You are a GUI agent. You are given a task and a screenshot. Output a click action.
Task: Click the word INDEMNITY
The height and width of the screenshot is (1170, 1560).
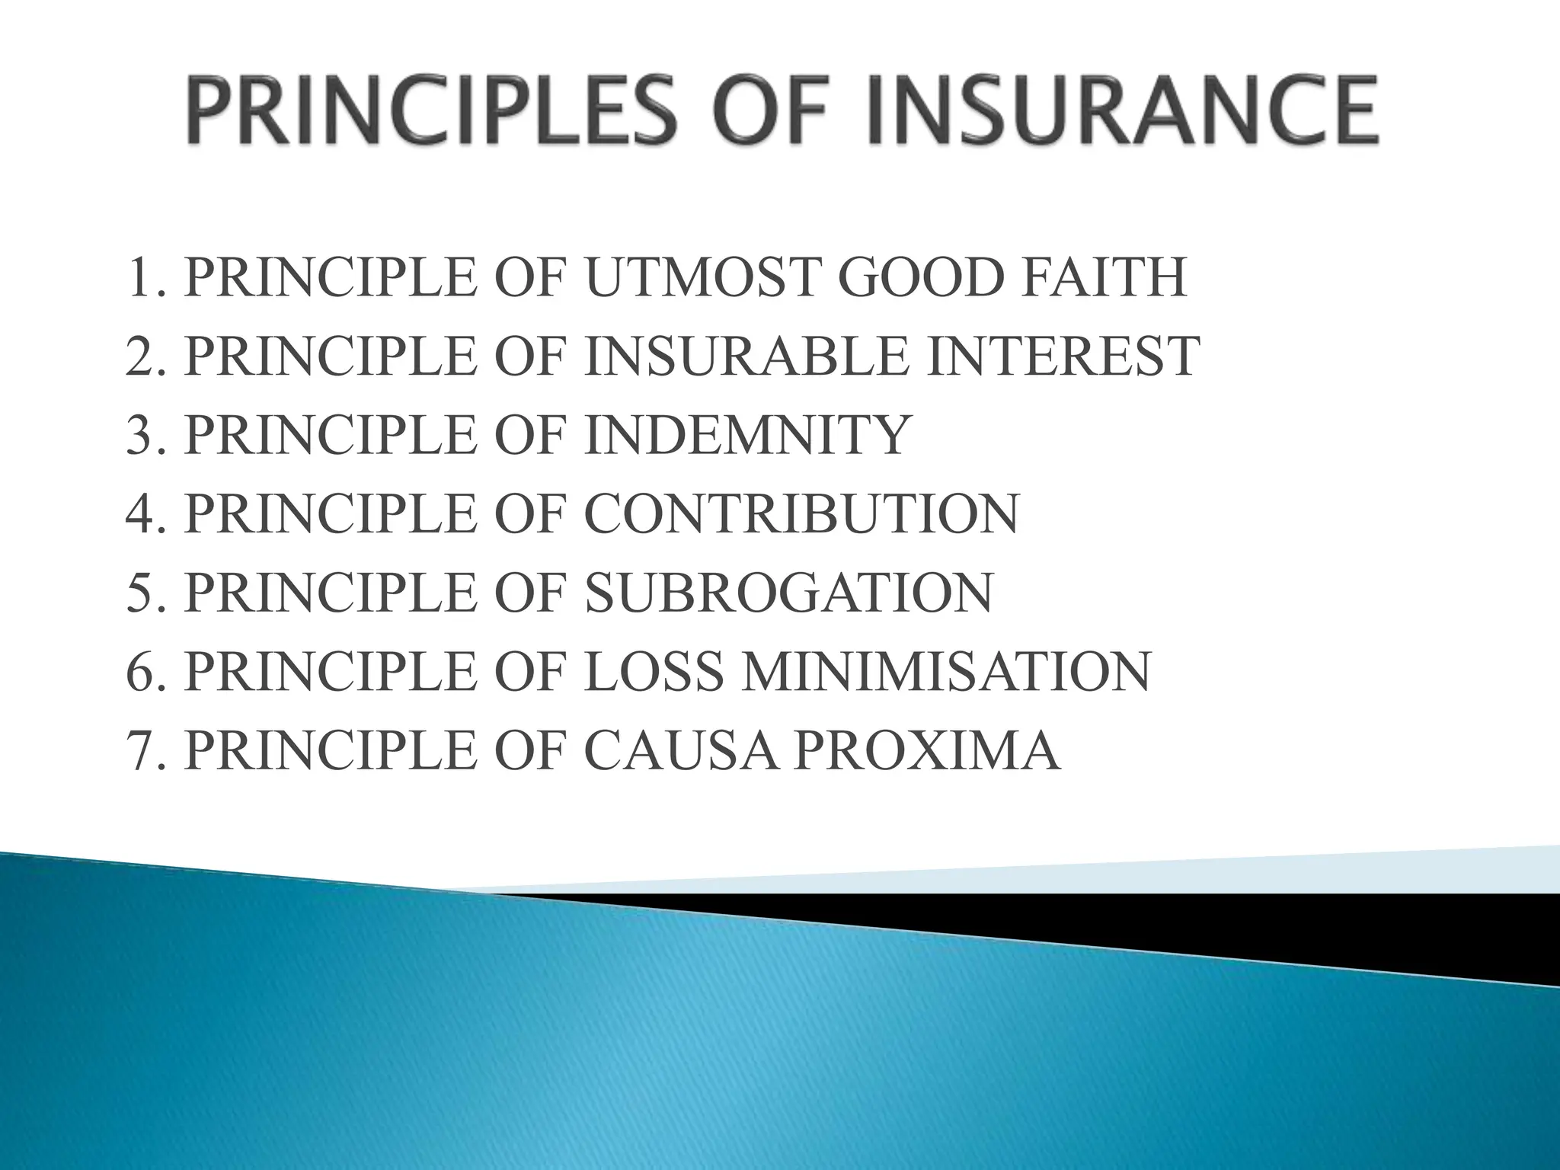(746, 435)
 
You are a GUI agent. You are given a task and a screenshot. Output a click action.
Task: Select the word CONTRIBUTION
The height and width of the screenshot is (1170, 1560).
(801, 514)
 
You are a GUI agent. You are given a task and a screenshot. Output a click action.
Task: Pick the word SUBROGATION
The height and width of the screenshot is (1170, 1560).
(788, 593)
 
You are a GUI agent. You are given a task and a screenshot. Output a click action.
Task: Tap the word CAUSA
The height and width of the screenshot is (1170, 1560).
(682, 751)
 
